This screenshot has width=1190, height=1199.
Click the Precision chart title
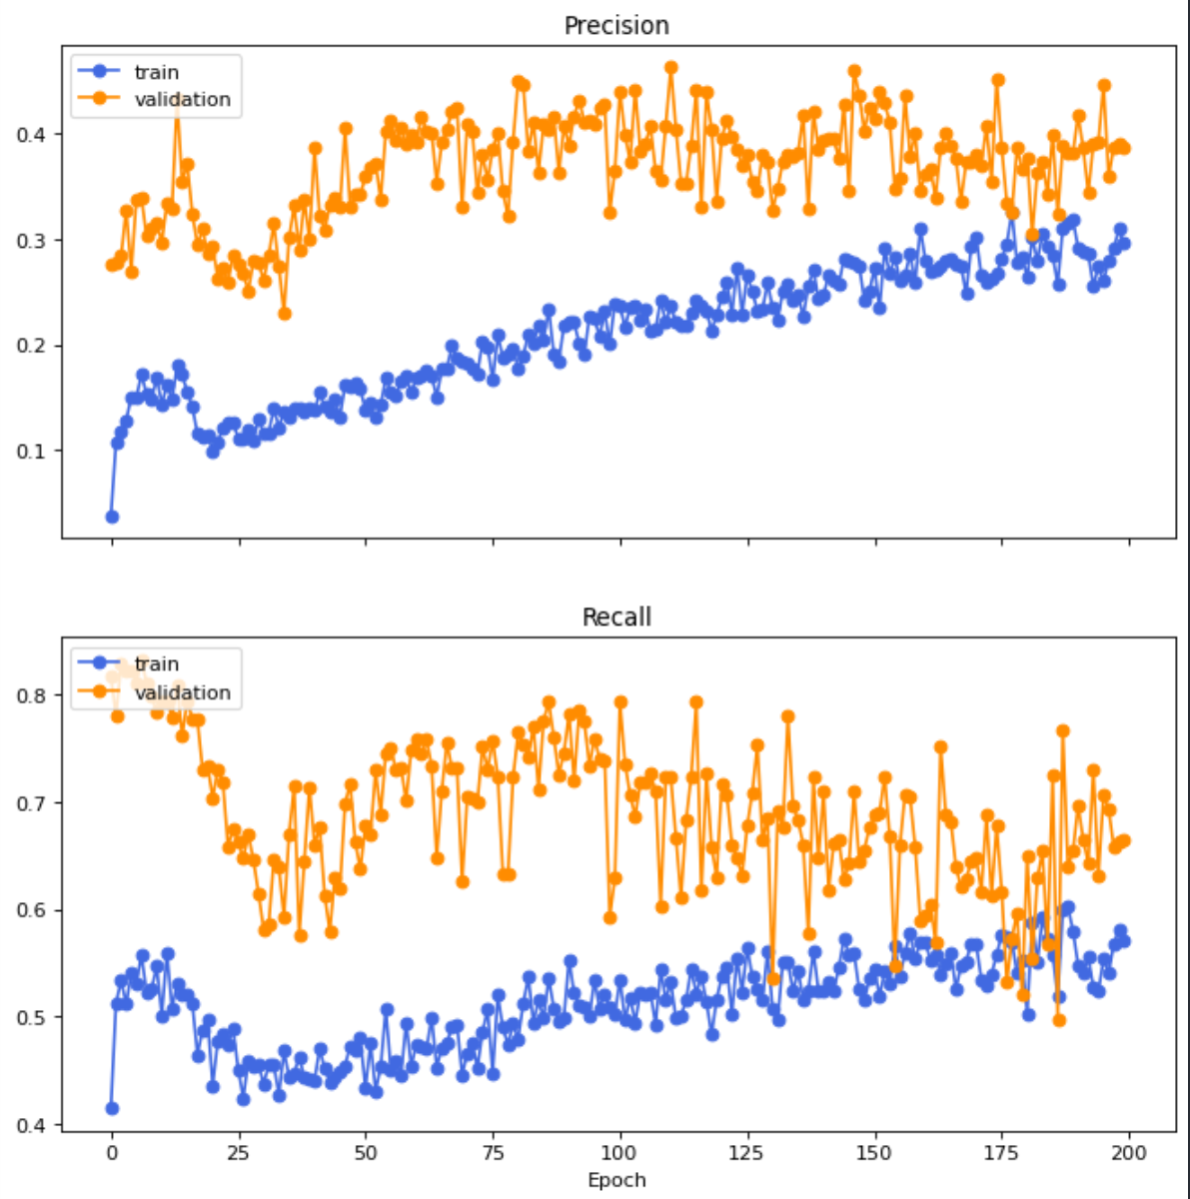pyautogui.click(x=616, y=26)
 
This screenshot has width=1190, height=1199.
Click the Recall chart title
pyautogui.click(x=616, y=617)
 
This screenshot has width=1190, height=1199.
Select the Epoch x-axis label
pyautogui.click(x=616, y=1180)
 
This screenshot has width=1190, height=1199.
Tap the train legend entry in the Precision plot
pyautogui.click(x=156, y=72)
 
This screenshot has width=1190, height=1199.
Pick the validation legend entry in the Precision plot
pyautogui.click(x=181, y=99)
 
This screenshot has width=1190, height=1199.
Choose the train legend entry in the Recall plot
pyautogui.click(x=156, y=664)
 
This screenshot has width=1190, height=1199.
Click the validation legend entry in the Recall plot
pyautogui.click(x=181, y=692)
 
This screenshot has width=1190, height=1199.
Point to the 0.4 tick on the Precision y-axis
pyautogui.click(x=30, y=134)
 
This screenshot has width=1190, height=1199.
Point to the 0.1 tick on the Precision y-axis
pyautogui.click(x=30, y=452)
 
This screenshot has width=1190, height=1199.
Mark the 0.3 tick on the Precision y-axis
pyautogui.click(x=30, y=240)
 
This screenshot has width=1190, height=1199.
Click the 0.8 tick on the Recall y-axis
pyautogui.click(x=30, y=694)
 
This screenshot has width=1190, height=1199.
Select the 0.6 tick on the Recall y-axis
pyautogui.click(x=30, y=910)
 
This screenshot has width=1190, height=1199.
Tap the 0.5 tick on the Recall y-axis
pyautogui.click(x=30, y=1018)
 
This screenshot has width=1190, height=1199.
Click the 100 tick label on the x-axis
pyautogui.click(x=619, y=1152)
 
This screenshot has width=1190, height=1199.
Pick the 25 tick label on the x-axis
pyautogui.click(x=238, y=1152)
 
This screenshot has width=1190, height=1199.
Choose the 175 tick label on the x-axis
pyautogui.click(x=1001, y=1152)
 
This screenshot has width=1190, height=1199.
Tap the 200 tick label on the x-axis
pyautogui.click(x=1129, y=1152)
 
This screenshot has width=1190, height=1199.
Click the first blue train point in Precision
pyautogui.click(x=112, y=517)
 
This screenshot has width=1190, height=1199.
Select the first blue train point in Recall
pyautogui.click(x=112, y=1108)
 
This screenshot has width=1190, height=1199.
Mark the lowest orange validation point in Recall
pyautogui.click(x=1059, y=1020)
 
